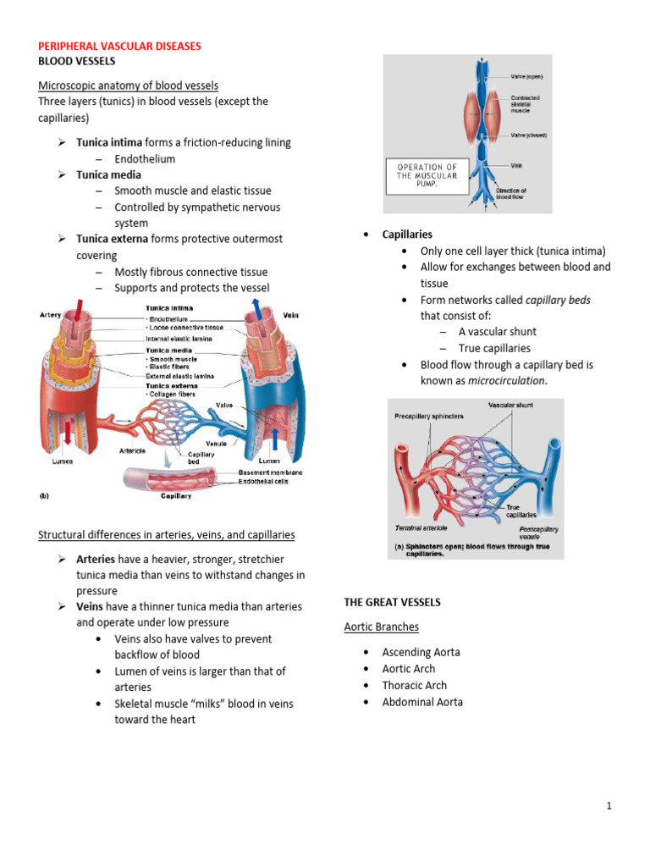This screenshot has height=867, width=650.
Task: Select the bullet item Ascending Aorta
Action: tap(421, 653)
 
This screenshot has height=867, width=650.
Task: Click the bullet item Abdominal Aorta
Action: tap(422, 702)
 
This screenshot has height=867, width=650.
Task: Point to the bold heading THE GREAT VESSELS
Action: tap(392, 602)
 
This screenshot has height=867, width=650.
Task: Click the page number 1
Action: tap(609, 806)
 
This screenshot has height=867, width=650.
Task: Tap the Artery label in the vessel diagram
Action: tap(51, 315)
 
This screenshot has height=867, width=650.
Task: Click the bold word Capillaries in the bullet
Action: tap(407, 235)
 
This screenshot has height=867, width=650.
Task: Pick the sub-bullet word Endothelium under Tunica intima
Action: tap(145, 158)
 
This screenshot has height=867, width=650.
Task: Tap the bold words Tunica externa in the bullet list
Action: tap(112, 239)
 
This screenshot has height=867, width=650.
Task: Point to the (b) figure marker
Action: tap(47, 496)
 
